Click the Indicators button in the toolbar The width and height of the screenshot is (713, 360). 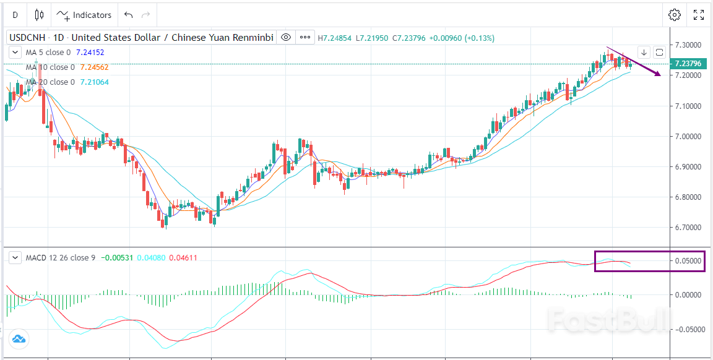84,15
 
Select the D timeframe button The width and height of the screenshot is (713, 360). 15,15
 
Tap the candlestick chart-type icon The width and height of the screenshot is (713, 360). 39,15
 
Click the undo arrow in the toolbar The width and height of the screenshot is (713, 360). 128,15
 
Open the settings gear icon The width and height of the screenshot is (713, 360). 675,15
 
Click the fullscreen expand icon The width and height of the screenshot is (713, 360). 698,15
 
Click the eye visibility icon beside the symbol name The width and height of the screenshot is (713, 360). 286,38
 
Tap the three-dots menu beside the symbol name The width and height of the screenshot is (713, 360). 305,38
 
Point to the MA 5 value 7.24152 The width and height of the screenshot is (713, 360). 90,53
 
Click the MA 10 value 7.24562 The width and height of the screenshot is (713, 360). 94,67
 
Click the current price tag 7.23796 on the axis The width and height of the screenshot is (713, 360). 688,64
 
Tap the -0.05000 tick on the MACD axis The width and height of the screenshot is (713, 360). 688,330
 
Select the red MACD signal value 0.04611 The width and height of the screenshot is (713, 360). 183,257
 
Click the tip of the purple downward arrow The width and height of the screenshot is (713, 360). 660,75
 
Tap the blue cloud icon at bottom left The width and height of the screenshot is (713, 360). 19,339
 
